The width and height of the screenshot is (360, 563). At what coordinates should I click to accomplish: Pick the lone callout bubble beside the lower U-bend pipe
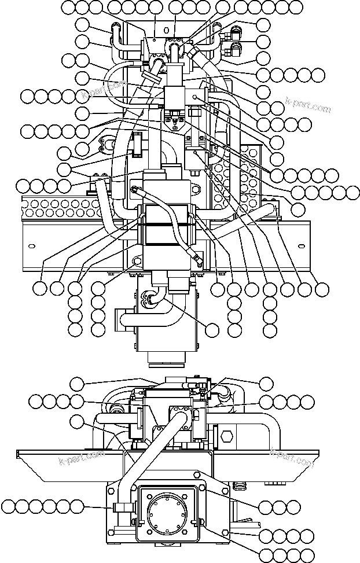coord(212,330)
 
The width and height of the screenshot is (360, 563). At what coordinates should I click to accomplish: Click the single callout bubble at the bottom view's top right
coord(266,383)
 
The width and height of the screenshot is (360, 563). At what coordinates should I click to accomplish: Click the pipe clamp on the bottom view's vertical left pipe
coord(121,507)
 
